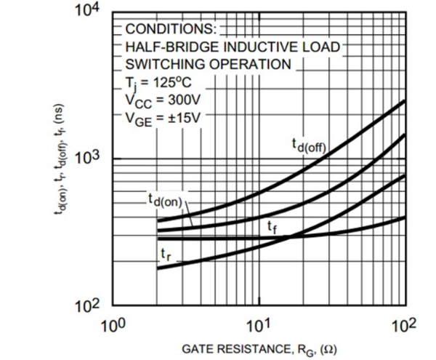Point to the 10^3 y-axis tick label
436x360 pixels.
click(x=92, y=159)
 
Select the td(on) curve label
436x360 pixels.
click(x=166, y=199)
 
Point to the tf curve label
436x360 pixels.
click(x=271, y=228)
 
